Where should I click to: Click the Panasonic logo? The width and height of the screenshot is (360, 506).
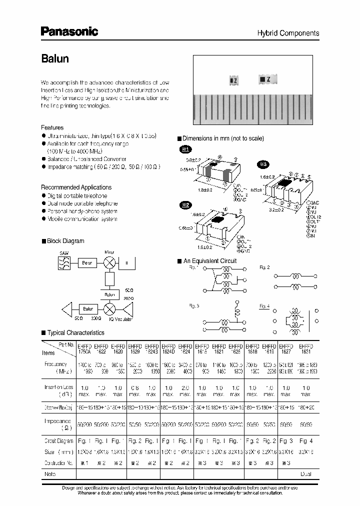[69, 32]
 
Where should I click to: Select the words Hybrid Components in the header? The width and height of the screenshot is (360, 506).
[287, 33]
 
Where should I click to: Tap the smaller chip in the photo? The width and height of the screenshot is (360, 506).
[232, 79]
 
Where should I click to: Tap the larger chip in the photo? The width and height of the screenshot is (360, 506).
[264, 78]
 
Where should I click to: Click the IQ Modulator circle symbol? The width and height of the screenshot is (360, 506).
[109, 308]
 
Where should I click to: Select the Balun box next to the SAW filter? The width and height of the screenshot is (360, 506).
[87, 262]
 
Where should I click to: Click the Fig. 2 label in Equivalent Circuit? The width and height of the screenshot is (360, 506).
[264, 267]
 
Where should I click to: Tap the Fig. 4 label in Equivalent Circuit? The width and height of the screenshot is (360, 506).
[264, 306]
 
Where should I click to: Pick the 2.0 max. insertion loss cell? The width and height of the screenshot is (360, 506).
[184, 391]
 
